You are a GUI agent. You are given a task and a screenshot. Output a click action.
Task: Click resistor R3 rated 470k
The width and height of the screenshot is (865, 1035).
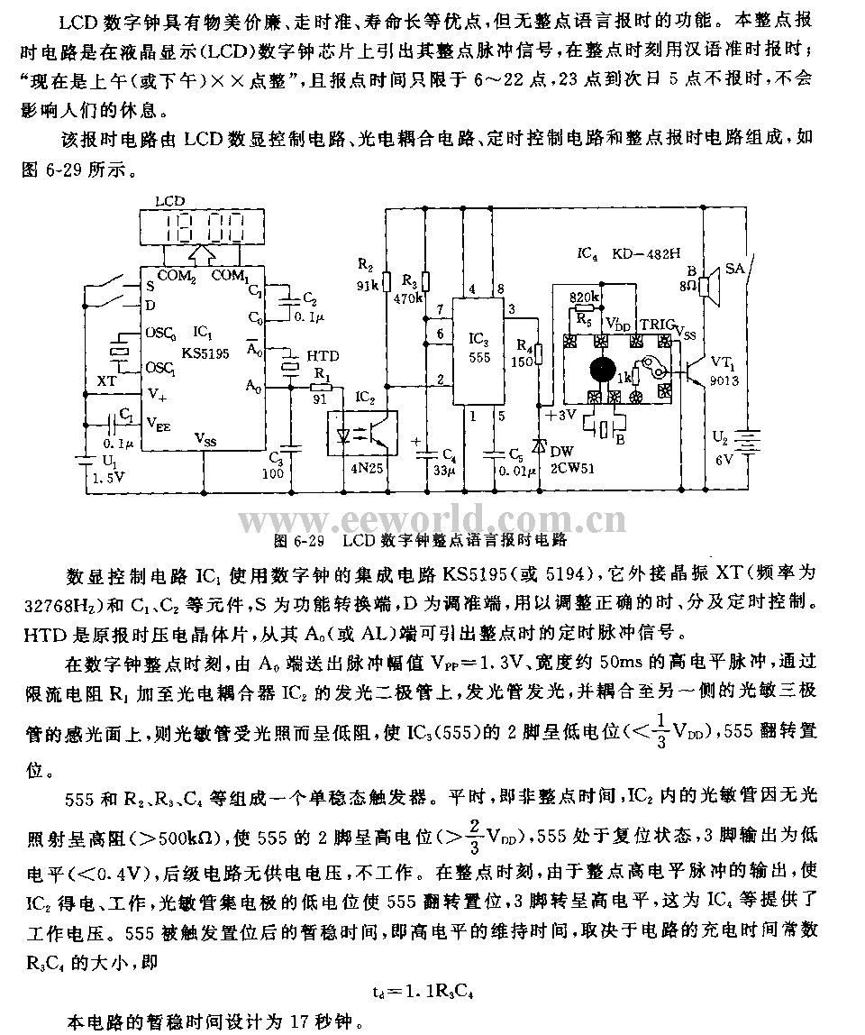pos(427,281)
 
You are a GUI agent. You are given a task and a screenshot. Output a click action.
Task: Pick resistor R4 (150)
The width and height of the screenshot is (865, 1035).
pos(540,354)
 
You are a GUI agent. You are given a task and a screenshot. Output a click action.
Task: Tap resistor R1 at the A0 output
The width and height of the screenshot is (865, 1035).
pos(321,388)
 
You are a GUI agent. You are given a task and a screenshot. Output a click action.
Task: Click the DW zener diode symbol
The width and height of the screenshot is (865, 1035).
pos(540,445)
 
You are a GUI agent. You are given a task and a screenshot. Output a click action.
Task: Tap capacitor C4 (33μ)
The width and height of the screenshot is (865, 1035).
pos(427,446)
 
